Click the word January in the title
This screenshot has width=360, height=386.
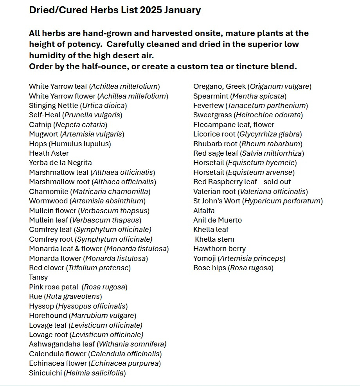[182, 10]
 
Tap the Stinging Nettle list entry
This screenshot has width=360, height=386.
[78, 106]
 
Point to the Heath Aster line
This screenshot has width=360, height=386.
[49, 153]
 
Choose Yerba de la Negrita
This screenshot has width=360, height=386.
[60, 163]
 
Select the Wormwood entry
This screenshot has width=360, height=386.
[87, 201]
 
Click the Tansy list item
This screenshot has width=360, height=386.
[38, 277]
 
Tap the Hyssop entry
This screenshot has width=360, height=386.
[78, 306]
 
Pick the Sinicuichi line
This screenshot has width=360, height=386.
[77, 373]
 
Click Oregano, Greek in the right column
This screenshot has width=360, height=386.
[252, 86]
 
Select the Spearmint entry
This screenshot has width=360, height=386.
[240, 96]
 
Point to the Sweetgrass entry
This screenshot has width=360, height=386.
[248, 115]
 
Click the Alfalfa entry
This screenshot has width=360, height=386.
[204, 211]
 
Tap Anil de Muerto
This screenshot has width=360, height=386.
[218, 220]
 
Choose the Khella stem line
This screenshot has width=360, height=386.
[214, 239]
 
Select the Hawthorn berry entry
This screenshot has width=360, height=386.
[220, 249]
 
